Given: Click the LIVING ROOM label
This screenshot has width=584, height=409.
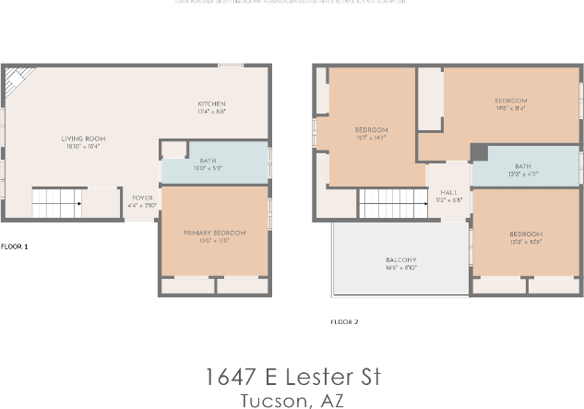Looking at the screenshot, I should tap(82, 138).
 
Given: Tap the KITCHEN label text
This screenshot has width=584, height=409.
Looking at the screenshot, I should tap(211, 103).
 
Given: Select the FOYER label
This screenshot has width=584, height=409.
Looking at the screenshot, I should tap(142, 198).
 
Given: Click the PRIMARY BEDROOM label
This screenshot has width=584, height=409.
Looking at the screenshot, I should tap(213, 233).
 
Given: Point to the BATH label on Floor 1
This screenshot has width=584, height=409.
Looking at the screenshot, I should tap(208, 161).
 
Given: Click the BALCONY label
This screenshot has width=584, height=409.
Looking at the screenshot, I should tap(401, 260).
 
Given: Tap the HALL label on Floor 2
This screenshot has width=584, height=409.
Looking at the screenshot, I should tap(448, 192).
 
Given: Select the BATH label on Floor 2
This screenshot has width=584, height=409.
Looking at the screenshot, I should tap(523, 166).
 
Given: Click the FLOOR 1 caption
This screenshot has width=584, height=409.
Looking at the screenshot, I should tap(15, 247).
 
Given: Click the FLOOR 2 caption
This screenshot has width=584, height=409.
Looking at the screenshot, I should tap(344, 322).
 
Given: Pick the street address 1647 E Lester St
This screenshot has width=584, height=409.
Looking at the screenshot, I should tap(292, 377).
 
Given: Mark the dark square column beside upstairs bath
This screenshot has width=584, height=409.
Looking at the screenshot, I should tap(478, 152).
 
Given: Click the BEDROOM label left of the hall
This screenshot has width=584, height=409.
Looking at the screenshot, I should tap(371, 129).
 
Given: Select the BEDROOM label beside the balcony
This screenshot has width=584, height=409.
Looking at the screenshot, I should tap(526, 235).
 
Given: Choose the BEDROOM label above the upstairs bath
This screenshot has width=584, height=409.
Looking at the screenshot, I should tap(510, 101).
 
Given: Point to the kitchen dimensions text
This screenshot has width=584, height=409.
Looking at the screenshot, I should tap(211, 112).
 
